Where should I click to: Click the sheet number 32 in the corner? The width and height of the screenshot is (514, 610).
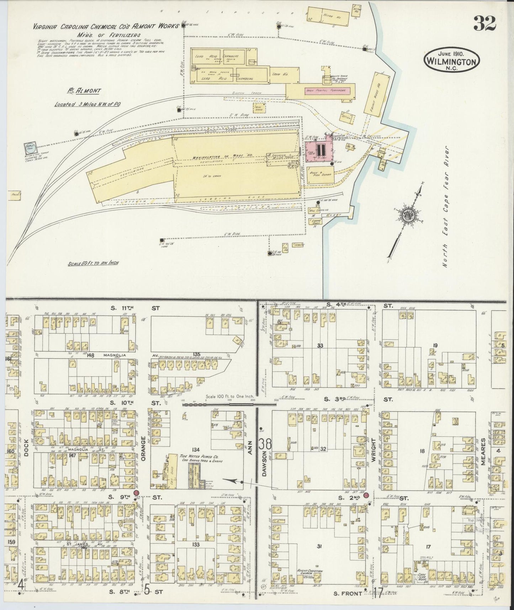484,24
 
